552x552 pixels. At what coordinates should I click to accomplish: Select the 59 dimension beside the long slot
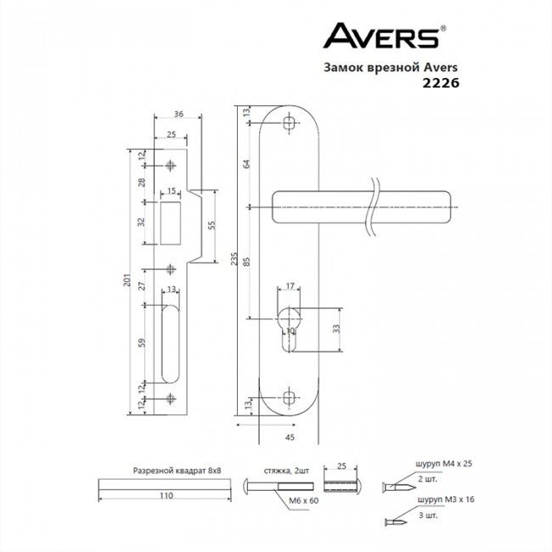[x=143, y=343]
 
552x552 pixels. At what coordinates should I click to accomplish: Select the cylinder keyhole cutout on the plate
[x=290, y=326]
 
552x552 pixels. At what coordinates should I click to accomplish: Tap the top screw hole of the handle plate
[x=290, y=124]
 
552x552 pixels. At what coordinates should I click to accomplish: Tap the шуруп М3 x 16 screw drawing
[x=395, y=521]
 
